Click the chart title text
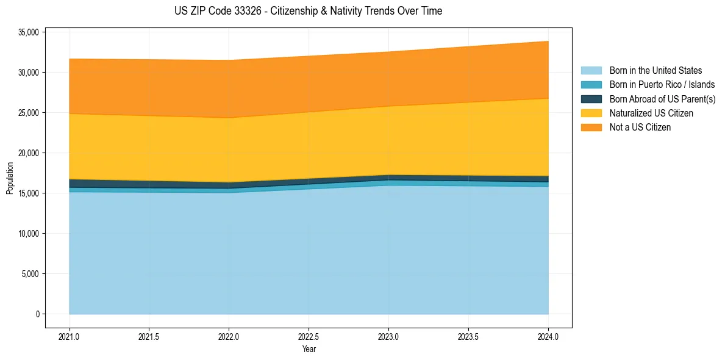click(308, 11)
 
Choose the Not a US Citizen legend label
click(640, 128)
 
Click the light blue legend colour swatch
click(591, 71)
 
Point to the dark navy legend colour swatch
click(591, 99)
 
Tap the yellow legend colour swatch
click(591, 113)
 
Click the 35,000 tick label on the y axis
click(29, 32)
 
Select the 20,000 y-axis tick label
click(29, 153)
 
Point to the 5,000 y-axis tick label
click(30, 274)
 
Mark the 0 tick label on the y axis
click(37, 314)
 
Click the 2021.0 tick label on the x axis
click(69, 336)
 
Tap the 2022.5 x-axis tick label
click(309, 336)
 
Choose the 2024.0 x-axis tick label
click(548, 336)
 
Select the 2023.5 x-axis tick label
click(468, 336)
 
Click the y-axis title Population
click(10, 178)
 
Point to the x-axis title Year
click(309, 349)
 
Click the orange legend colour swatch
click(591, 128)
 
